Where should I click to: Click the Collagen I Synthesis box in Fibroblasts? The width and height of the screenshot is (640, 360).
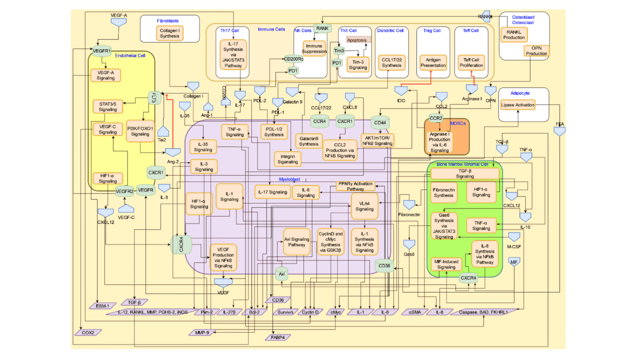169,33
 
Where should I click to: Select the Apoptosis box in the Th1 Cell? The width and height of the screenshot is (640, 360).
356,39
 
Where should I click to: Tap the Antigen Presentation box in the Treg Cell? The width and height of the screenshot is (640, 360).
433,62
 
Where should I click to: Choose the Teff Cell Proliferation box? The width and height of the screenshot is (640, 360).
471,62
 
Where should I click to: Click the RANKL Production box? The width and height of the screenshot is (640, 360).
513,34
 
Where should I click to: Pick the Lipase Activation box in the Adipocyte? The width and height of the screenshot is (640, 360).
517,105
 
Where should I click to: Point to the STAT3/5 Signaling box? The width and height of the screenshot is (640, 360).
107,106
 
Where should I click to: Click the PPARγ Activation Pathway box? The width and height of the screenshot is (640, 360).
355,186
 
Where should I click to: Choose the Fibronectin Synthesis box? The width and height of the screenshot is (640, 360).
443,192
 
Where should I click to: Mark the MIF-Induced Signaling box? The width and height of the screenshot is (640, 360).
446,264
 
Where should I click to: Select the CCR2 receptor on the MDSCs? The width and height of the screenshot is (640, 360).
435,118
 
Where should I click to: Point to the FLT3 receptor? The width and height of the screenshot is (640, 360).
153,97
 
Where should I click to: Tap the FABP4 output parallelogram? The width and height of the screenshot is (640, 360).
277,337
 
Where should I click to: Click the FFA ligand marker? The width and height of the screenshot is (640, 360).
559,131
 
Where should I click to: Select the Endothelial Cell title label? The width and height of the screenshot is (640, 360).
130,55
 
